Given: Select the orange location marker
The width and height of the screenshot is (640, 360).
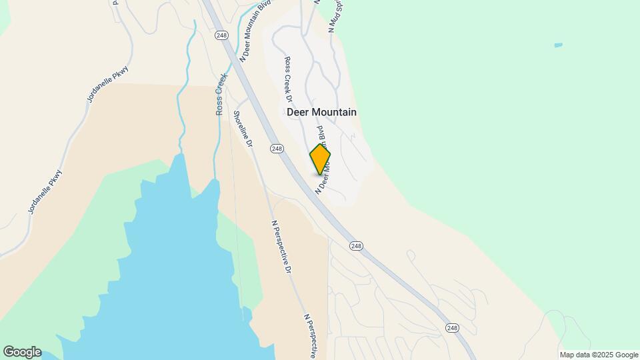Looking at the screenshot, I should [320, 159].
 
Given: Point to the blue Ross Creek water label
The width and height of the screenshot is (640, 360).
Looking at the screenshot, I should [221, 95].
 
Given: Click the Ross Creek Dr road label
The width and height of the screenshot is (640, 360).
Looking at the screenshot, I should [289, 79].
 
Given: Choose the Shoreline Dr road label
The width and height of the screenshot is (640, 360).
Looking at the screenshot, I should [243, 129].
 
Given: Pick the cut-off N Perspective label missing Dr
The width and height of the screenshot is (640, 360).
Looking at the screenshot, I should [311, 336].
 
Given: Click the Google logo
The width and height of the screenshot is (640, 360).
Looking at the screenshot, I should [21, 352].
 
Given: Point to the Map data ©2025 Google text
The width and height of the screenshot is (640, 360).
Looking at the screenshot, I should [599, 355].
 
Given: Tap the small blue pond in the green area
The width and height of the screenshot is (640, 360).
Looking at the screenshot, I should [558, 45].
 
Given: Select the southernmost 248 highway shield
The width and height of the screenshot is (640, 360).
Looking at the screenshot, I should [453, 327].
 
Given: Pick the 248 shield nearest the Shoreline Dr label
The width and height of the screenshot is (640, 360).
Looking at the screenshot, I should [277, 148].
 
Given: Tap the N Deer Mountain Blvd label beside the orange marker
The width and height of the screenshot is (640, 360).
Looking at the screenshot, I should [321, 157].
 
